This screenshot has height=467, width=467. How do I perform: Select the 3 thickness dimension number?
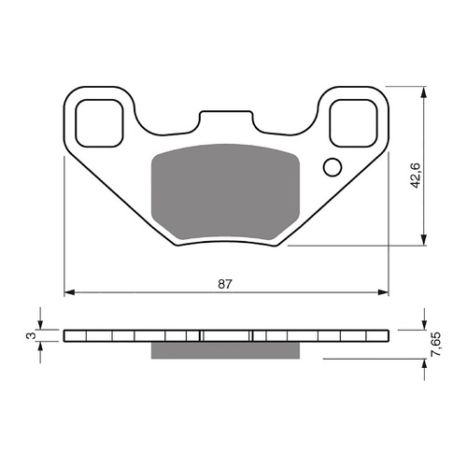[31, 334]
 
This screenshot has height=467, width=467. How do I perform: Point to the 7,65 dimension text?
[435, 346]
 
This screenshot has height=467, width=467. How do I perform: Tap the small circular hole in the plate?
[332, 168]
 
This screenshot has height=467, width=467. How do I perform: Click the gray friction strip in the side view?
[224, 348]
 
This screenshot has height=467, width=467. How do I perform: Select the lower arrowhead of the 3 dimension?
[40, 346]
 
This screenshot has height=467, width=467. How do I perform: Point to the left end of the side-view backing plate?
[68, 334]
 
